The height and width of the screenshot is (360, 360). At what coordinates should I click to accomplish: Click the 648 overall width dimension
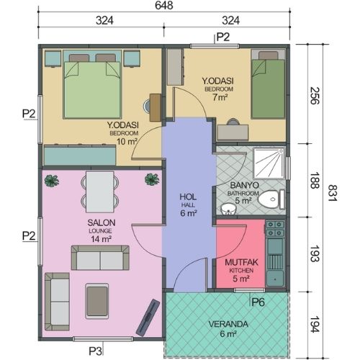coord(164,5)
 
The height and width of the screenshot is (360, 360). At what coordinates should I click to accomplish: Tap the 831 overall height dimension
coord(333,193)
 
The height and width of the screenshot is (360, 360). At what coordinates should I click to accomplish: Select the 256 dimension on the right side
coord(315,96)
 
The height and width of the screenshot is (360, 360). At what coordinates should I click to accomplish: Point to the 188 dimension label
coord(315,180)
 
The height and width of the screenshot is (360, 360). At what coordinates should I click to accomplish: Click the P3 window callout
coord(96,351)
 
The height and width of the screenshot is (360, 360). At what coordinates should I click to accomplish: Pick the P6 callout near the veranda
coord(258,302)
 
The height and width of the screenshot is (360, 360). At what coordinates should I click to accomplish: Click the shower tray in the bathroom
coord(269,163)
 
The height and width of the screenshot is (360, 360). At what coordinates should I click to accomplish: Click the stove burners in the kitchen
coord(275,229)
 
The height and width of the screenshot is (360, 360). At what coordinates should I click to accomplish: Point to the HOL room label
coord(188,197)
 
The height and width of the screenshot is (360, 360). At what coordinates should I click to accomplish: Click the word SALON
coord(102,222)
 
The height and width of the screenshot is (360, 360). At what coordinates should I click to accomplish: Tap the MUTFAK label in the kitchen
coord(241,262)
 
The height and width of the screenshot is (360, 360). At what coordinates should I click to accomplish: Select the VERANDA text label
coord(228,324)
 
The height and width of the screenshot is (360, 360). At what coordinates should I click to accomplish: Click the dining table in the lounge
coord(100,192)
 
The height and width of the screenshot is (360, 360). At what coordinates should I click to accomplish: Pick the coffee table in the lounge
coord(97,301)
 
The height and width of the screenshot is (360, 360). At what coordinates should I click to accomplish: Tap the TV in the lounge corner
coord(148,318)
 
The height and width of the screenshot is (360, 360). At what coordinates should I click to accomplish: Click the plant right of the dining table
coord(152,179)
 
